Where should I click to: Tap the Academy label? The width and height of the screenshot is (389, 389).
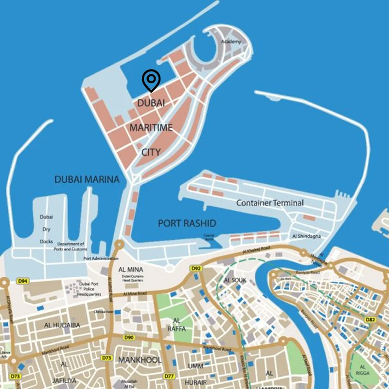pos(231,42)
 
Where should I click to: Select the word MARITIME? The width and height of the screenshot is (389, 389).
pos(151,128)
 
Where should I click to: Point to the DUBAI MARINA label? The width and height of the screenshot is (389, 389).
pos(87,179)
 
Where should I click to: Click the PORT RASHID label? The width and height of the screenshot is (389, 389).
pos(187,224)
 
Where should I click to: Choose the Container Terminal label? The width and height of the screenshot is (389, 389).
pos(270,203)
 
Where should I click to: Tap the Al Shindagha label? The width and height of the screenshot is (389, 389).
pos(308,236)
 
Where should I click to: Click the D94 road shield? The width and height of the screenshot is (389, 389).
pos(23,281)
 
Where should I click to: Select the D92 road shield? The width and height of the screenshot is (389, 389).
pos(196,268)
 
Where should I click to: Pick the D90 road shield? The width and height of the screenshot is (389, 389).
pos(129,337)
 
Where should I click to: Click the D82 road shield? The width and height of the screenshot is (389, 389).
pos(371,319)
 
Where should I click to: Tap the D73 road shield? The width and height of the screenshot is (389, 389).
pos(16,376)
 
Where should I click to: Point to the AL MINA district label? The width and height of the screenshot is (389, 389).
pos(129,269)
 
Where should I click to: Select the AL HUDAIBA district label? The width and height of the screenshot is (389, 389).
pos(62,325)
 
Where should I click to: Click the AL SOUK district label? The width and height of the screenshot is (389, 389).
pos(235,281)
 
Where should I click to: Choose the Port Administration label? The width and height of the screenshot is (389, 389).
pos(101,258)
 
